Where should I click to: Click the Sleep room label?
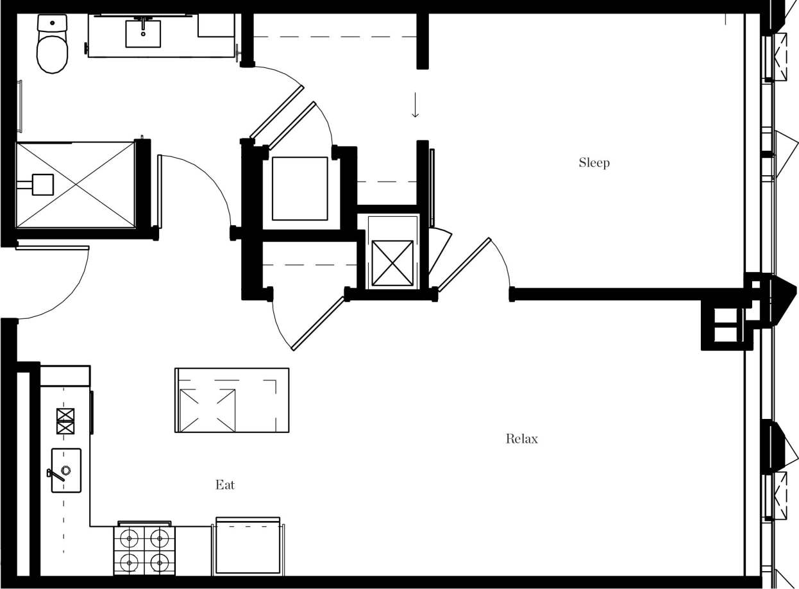pyautogui.click(x=594, y=162)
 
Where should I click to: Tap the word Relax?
pyautogui.click(x=521, y=439)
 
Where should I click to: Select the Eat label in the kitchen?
pyautogui.click(x=225, y=484)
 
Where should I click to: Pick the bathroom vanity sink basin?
pyautogui.click(x=143, y=33)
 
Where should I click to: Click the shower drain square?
pyautogui.click(x=43, y=185)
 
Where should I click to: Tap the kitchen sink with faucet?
pyautogui.click(x=66, y=470)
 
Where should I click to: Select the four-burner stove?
pyautogui.click(x=144, y=550)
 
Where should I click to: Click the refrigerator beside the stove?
pyautogui.click(x=248, y=547)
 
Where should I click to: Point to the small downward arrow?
pyautogui.click(x=416, y=105)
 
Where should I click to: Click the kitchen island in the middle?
pyautogui.click(x=231, y=400)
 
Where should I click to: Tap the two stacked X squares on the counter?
pyautogui.click(x=65, y=421)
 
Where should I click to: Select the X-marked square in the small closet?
pyautogui.click(x=392, y=262)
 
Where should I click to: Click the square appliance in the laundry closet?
pyautogui.click(x=299, y=188)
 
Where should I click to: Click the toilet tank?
pyautogui.click(x=52, y=23)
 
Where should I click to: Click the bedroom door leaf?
pyautogui.click(x=464, y=265)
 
